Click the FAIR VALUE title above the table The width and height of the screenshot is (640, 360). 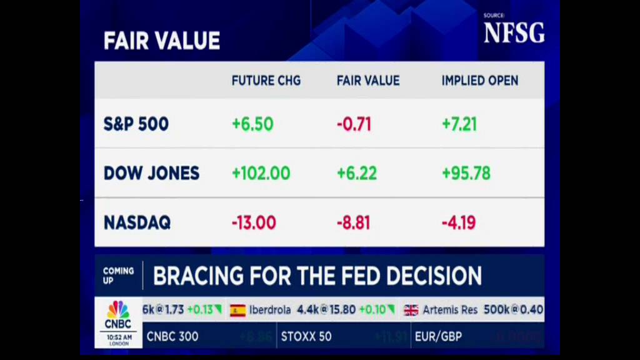pyautogui.click(x=162, y=41)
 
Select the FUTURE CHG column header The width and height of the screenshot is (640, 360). pyautogui.click(x=266, y=81)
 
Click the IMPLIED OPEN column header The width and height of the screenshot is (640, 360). pyautogui.click(x=479, y=81)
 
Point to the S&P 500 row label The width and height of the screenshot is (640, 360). pyautogui.click(x=136, y=124)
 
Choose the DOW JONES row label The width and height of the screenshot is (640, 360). pyautogui.click(x=151, y=173)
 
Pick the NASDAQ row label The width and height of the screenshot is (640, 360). pyautogui.click(x=137, y=222)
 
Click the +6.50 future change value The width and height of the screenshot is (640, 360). pyautogui.click(x=252, y=124)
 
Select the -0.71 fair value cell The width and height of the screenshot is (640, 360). pyautogui.click(x=354, y=124)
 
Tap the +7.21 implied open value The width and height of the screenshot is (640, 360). pyautogui.click(x=459, y=124)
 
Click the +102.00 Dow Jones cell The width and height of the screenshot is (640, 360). pyautogui.click(x=261, y=173)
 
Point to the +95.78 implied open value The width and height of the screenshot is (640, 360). pyautogui.click(x=466, y=173)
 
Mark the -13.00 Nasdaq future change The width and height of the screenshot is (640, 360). pyautogui.click(x=253, y=222)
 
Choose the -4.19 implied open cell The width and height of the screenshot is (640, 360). pyautogui.click(x=459, y=222)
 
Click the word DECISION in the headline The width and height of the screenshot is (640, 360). pyautogui.click(x=434, y=276)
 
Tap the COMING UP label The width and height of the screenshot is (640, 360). pyautogui.click(x=118, y=276)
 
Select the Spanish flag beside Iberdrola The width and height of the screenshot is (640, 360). pyautogui.click(x=237, y=310)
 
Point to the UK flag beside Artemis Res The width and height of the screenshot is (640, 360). pyautogui.click(x=411, y=310)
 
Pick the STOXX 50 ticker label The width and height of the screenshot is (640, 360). pyautogui.click(x=306, y=337)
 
